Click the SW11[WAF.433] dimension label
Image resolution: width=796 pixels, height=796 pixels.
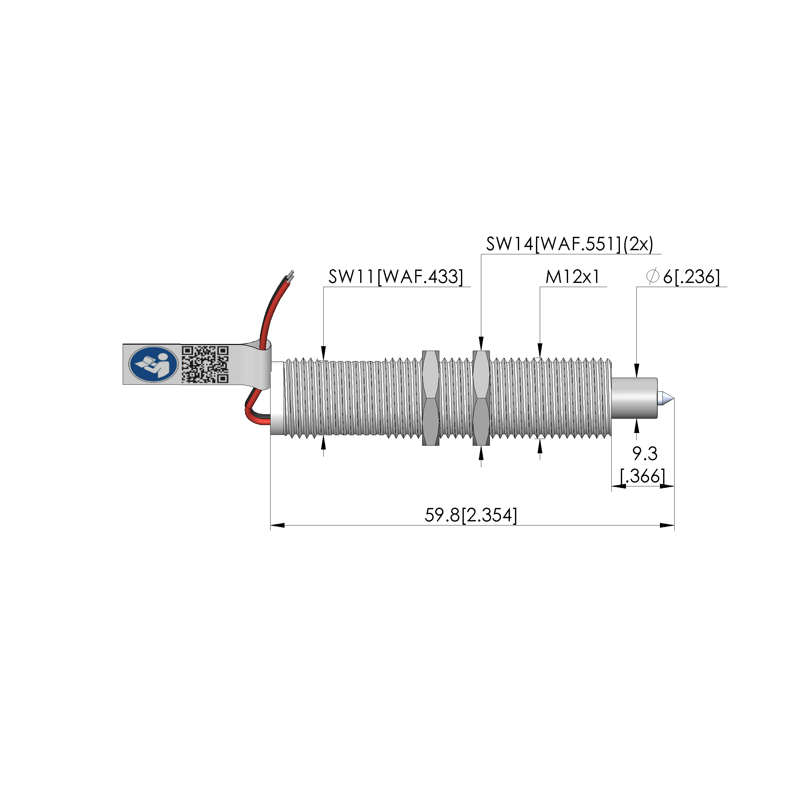[x=395, y=277]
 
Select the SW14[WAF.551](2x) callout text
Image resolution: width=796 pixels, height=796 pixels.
[x=569, y=244]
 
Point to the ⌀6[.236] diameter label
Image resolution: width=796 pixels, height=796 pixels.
[x=683, y=277]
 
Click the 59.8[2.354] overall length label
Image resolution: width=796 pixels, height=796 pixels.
[x=470, y=515]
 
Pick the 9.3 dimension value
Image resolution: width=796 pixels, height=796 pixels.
[x=645, y=454]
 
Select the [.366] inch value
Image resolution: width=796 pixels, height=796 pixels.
[x=643, y=476]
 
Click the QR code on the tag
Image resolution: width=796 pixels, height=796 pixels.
[x=205, y=364]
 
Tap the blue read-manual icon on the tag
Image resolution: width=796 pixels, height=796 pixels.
[x=153, y=364]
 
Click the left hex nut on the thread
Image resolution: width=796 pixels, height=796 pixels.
[x=430, y=398]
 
